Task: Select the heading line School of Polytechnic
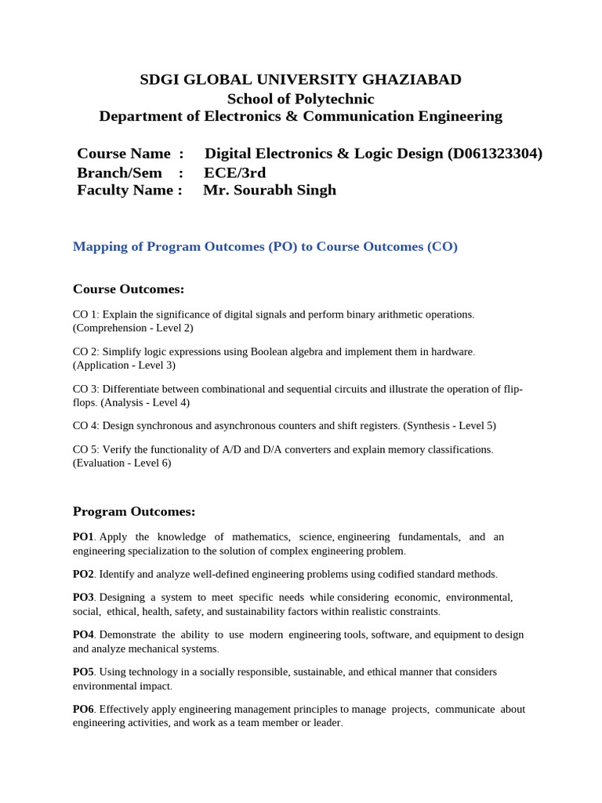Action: pyautogui.click(x=300, y=99)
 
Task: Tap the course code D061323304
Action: pyautogui.click(x=495, y=154)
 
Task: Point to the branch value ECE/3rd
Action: pyautogui.click(x=234, y=173)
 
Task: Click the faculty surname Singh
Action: pyautogui.click(x=313, y=190)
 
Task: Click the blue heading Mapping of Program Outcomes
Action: pyautogui.click(x=265, y=246)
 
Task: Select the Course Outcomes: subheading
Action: pyautogui.click(x=129, y=289)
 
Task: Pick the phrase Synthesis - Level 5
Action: pyautogui.click(x=449, y=426)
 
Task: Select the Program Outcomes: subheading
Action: pyautogui.click(x=134, y=512)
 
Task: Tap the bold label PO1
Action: pyautogui.click(x=83, y=537)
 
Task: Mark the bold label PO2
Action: pyautogui.click(x=83, y=574)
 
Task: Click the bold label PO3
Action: pyautogui.click(x=83, y=598)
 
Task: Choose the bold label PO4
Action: pyautogui.click(x=83, y=634)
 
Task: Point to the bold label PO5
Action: pyautogui.click(x=83, y=672)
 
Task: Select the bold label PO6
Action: pyautogui.click(x=83, y=709)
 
